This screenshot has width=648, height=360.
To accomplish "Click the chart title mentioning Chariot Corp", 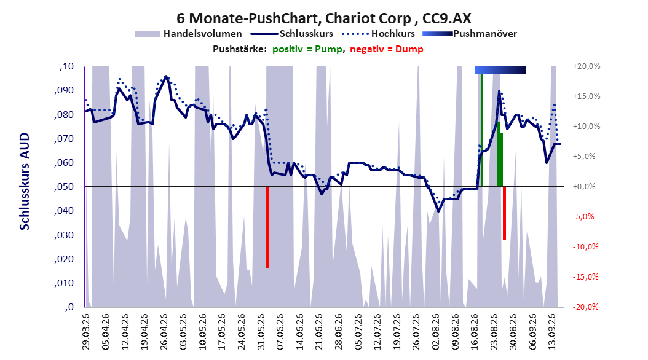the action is pyautogui.click(x=323, y=18).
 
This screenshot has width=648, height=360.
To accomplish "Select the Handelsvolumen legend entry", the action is pyautogui.click(x=188, y=34).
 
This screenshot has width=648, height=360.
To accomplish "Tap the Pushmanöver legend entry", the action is pyautogui.click(x=470, y=34).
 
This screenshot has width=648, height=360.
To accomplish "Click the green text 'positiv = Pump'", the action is pyautogui.click(x=307, y=49).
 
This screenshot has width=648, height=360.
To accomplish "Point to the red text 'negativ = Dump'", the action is pyautogui.click(x=387, y=49).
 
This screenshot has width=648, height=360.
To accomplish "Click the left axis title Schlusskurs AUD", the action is pyautogui.click(x=25, y=181).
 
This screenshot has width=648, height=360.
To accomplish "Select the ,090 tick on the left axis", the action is pyautogui.click(x=64, y=90).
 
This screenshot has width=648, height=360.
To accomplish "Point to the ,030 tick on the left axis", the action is pyautogui.click(x=64, y=235).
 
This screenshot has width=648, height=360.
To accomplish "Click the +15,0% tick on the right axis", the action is pyautogui.click(x=587, y=96).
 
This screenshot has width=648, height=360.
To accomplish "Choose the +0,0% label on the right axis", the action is pyautogui.click(x=584, y=187).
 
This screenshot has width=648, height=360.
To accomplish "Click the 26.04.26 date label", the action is pyautogui.click(x=164, y=332).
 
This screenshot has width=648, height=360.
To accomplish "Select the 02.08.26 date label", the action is pyautogui.click(x=435, y=332).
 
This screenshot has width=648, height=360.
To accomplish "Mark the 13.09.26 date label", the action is pyautogui.click(x=552, y=332).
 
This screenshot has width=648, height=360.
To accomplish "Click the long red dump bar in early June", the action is pyautogui.click(x=267, y=227).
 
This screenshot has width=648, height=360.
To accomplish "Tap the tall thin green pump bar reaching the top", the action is pyautogui.click(x=482, y=130).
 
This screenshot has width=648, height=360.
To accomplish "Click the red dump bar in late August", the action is pyautogui.click(x=504, y=213).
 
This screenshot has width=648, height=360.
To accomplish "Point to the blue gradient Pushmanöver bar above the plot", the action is pyautogui.click(x=500, y=70).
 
